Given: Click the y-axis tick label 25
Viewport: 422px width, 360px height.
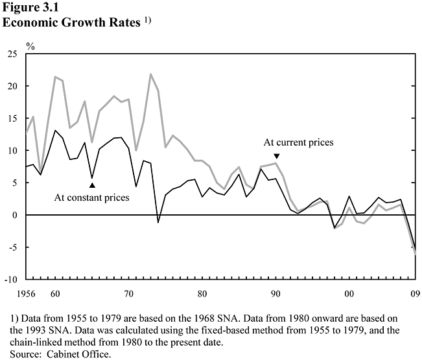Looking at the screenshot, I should [12, 54].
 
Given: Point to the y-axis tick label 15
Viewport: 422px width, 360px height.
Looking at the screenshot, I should [12, 118].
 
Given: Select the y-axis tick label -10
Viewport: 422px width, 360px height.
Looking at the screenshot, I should [10, 279].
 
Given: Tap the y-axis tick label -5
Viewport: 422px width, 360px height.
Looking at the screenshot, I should [12, 247].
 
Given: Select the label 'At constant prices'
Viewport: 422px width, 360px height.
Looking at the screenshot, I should [91, 197].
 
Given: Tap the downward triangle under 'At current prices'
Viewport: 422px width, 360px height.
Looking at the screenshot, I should [277, 155].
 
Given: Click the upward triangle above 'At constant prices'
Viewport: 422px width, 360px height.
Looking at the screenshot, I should [92, 185].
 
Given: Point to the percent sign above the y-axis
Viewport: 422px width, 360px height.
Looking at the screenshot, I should [30, 47].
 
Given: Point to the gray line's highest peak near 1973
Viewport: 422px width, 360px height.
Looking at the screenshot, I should [151, 74].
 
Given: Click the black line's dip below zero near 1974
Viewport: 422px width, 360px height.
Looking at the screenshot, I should [158, 223].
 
